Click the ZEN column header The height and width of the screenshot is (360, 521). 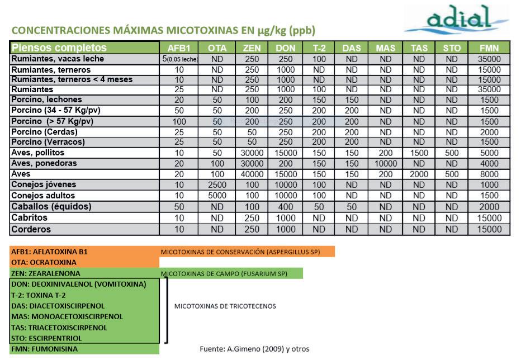252,48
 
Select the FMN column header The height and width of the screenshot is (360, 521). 489,48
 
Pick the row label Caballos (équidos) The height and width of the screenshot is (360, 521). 51,206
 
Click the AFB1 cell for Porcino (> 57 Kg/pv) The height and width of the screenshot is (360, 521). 179,121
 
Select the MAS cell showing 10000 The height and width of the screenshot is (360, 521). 386,164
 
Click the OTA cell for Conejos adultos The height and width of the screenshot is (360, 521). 217,196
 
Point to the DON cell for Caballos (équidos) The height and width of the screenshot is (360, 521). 285,206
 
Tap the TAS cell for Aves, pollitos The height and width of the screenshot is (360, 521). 419,153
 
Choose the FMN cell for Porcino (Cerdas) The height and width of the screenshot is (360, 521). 489,132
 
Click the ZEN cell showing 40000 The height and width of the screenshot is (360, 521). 252,174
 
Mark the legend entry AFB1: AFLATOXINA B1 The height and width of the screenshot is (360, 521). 49,252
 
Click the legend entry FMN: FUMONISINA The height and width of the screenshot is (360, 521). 45,349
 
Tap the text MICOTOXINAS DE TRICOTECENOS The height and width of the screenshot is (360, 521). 225,306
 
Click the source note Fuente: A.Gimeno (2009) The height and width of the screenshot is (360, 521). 254,349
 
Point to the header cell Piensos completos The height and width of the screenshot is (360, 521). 59,48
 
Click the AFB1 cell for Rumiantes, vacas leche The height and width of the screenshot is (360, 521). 179,59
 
